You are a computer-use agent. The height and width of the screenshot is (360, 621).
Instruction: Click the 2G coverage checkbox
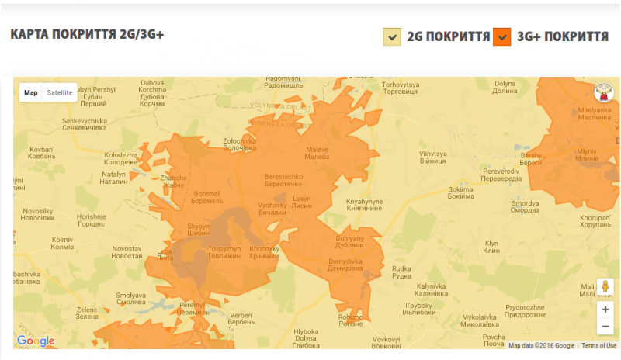point(392,36)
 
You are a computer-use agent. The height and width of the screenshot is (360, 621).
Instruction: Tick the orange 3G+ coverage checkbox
point(502,36)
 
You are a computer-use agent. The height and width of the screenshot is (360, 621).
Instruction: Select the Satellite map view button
point(60,92)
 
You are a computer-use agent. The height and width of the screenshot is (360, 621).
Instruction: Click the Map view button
point(31,92)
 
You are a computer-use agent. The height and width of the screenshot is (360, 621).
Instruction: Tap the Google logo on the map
point(36,341)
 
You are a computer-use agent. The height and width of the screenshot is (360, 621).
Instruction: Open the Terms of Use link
point(599,346)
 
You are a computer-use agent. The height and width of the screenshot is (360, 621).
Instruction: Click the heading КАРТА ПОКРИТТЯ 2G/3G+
point(87,35)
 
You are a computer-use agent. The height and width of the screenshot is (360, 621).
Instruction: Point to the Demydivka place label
point(345,266)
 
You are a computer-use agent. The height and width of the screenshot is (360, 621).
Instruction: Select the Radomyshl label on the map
point(283,81)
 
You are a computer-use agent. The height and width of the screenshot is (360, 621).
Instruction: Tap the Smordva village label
point(525,208)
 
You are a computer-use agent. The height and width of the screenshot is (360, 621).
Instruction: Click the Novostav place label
point(127,252)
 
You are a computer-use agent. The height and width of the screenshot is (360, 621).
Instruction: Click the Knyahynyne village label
point(365,205)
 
